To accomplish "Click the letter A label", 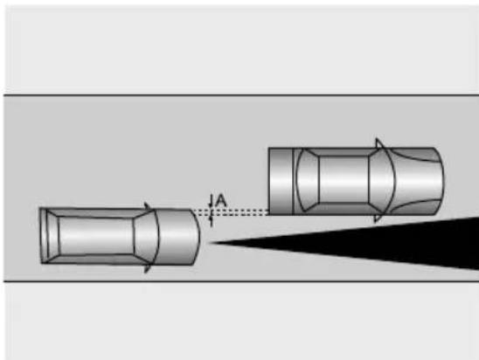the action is pyautogui.click(x=220, y=201).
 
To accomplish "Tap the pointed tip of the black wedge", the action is pyautogui.click(x=209, y=243).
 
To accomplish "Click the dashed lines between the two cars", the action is pyautogui.click(x=231, y=212).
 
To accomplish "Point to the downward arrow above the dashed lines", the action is pyautogui.click(x=210, y=201).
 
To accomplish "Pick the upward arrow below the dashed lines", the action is pyautogui.click(x=211, y=221).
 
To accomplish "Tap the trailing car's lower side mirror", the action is pyautogui.click(x=148, y=268).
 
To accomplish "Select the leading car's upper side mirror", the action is pyautogui.click(x=379, y=143).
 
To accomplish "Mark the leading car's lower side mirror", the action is pyautogui.click(x=378, y=218).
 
